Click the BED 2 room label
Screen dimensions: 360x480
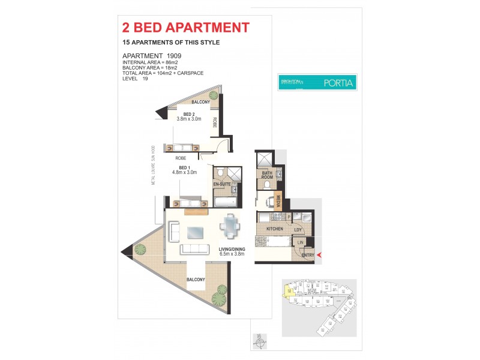coord(189,114)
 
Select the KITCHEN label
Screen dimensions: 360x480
coord(266,229)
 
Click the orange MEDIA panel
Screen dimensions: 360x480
coord(278,202)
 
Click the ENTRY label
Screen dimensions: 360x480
coord(307,256)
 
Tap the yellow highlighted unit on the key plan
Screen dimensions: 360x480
coord(290,292)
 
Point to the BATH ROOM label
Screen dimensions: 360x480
coord(266,176)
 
